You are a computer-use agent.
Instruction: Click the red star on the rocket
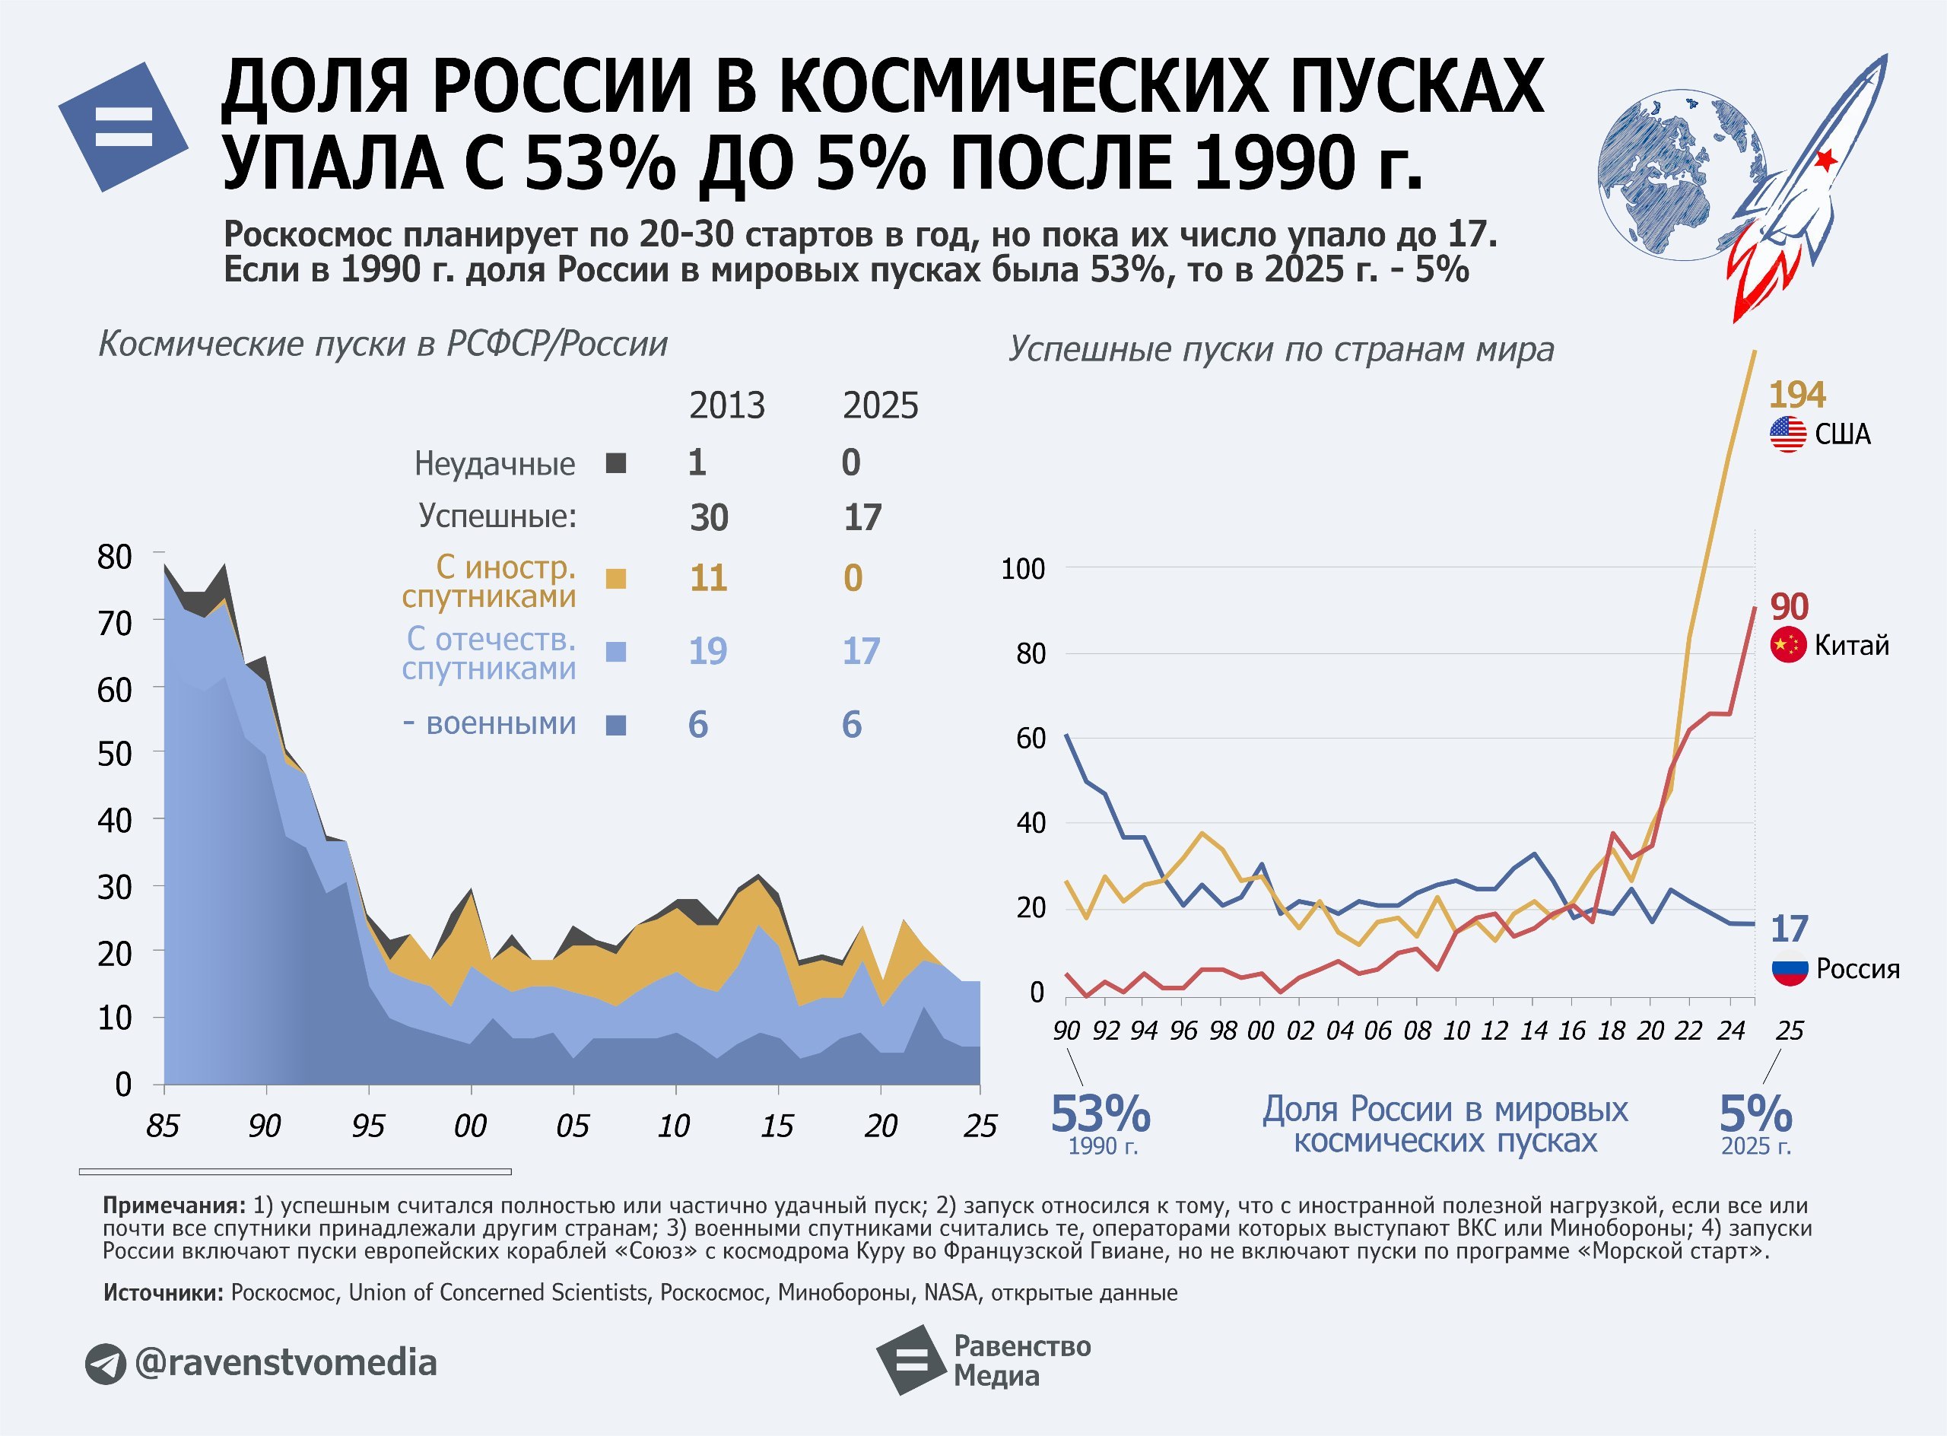point(1826,159)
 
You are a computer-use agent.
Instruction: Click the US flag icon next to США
point(1788,434)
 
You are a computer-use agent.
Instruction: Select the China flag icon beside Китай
point(1788,645)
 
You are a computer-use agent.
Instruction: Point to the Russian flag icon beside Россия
point(1790,969)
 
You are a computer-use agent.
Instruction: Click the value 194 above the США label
point(1796,395)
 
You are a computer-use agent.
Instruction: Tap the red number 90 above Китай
point(1789,606)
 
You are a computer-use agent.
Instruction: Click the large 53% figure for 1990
point(1101,1114)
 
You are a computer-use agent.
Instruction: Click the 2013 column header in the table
point(726,406)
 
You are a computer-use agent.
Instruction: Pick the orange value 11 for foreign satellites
point(707,578)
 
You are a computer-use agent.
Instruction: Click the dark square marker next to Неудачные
point(615,463)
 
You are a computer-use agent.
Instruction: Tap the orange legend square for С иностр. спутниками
point(615,579)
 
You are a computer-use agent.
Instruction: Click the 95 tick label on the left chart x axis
point(367,1126)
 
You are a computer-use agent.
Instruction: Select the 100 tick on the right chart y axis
point(1022,570)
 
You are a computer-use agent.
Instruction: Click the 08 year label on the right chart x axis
point(1417,1031)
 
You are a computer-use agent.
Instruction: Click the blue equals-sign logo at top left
point(123,126)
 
